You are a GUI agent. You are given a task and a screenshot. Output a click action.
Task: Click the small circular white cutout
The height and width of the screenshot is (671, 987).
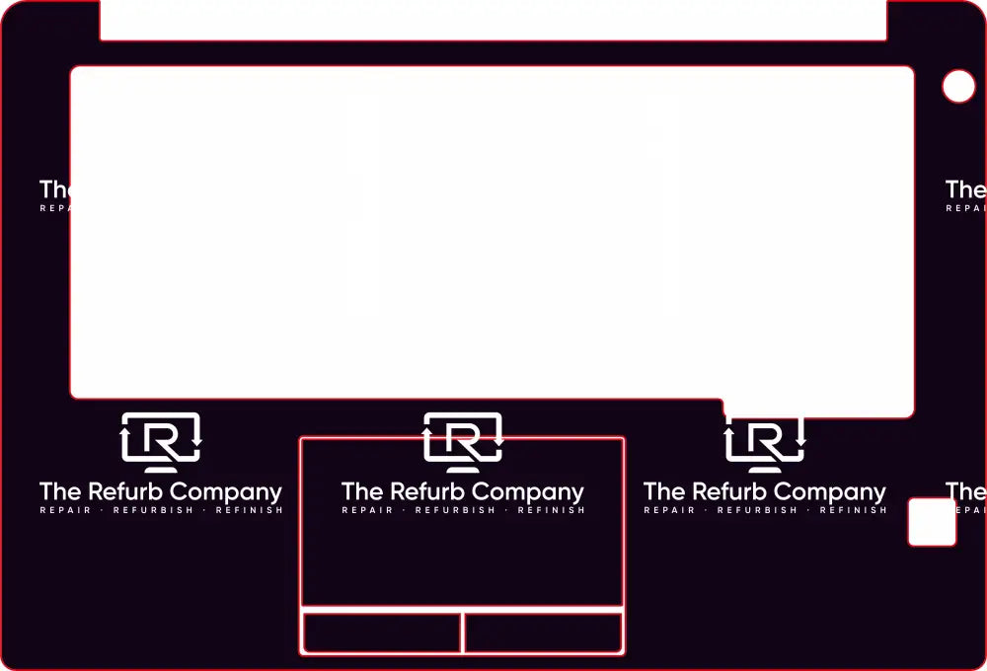(x=958, y=87)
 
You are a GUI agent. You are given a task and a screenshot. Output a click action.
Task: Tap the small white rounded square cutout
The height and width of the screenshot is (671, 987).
(x=932, y=522)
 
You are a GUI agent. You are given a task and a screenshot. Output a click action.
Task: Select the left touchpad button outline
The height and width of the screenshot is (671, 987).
(x=381, y=633)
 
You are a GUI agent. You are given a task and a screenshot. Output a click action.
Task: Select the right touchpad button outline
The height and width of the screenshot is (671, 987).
(x=543, y=633)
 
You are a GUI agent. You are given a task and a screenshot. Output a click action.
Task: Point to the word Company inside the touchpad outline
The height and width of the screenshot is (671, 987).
(x=530, y=491)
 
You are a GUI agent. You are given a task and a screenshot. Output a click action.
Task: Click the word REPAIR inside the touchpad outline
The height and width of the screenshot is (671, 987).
(x=367, y=510)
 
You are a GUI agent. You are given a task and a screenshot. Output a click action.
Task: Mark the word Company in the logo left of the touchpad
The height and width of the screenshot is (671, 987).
(x=228, y=491)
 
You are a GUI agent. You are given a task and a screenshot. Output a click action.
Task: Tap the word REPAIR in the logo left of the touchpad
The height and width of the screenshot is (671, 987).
(x=65, y=510)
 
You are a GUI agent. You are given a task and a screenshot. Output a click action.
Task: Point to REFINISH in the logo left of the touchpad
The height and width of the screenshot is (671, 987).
(x=249, y=510)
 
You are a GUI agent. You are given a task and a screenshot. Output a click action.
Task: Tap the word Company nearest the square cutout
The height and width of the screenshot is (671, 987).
(x=832, y=491)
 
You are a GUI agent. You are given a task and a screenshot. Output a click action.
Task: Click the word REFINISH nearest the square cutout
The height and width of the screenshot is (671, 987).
(x=853, y=510)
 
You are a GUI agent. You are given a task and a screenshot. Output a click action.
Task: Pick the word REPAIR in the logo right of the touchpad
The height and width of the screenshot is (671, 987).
(x=669, y=510)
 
